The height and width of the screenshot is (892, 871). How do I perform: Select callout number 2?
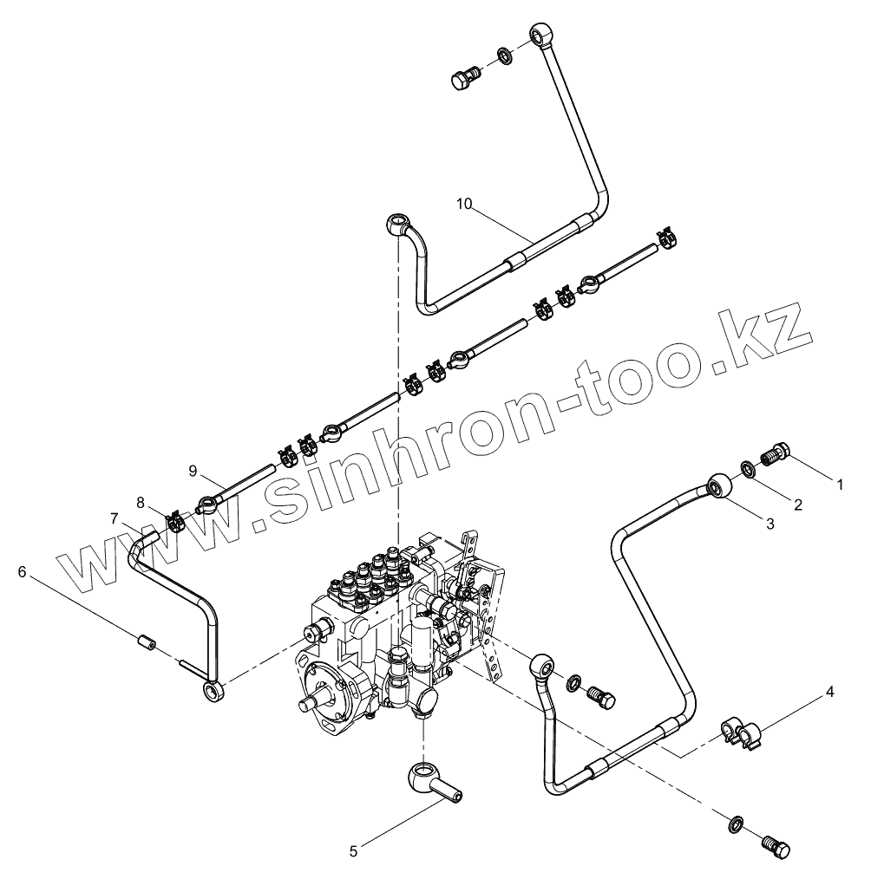798,504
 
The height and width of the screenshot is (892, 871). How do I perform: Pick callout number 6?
23,572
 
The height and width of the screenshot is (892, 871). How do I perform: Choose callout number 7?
114,518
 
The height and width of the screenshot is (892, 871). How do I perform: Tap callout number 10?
464,204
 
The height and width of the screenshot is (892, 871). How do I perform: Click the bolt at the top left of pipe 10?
466,77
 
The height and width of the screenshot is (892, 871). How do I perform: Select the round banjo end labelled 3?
719,487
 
